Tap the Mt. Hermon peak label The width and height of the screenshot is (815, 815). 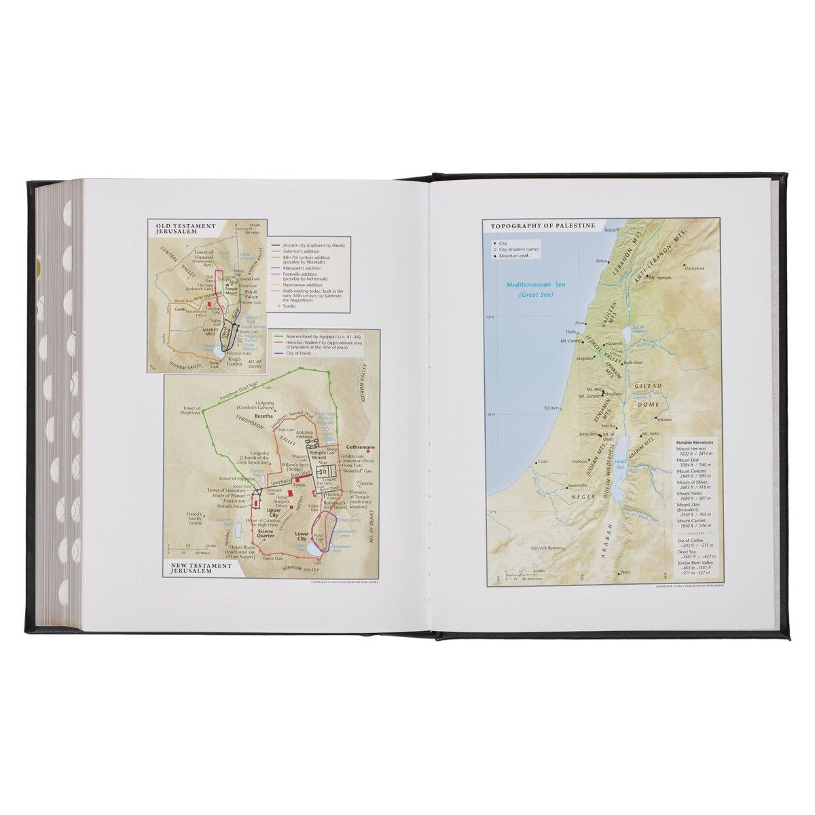(x=660, y=278)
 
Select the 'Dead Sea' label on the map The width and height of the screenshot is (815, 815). (x=619, y=463)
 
